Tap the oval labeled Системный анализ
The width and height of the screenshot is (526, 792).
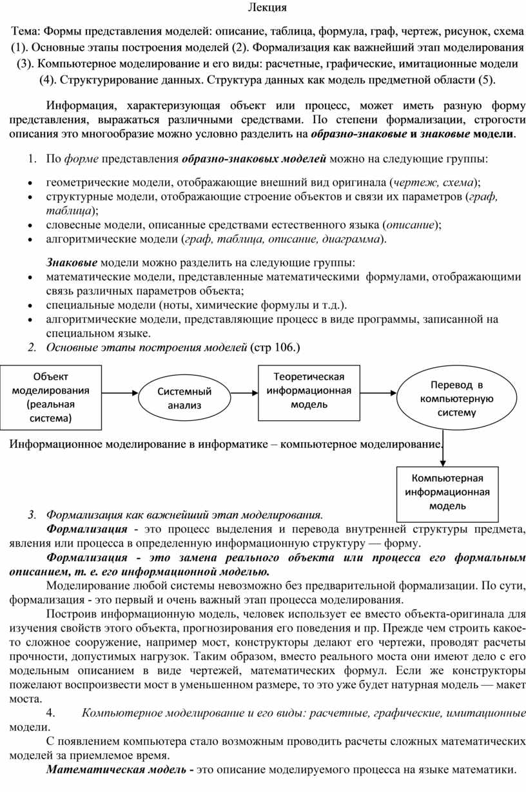[x=185, y=398]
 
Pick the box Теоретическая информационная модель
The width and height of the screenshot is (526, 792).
[x=309, y=391]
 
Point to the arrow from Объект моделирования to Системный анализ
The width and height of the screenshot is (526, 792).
[x=120, y=391]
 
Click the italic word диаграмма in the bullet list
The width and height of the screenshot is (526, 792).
[x=353, y=240]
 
